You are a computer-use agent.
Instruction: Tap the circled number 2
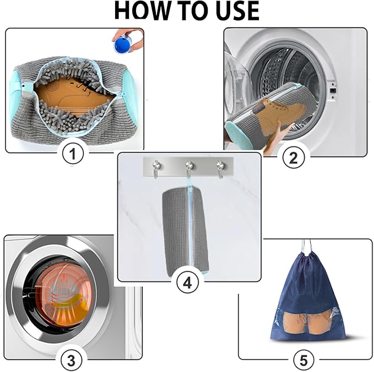pos(293,158)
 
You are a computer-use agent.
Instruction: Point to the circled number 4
pos(187,283)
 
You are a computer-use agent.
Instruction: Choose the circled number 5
pos(303,361)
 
